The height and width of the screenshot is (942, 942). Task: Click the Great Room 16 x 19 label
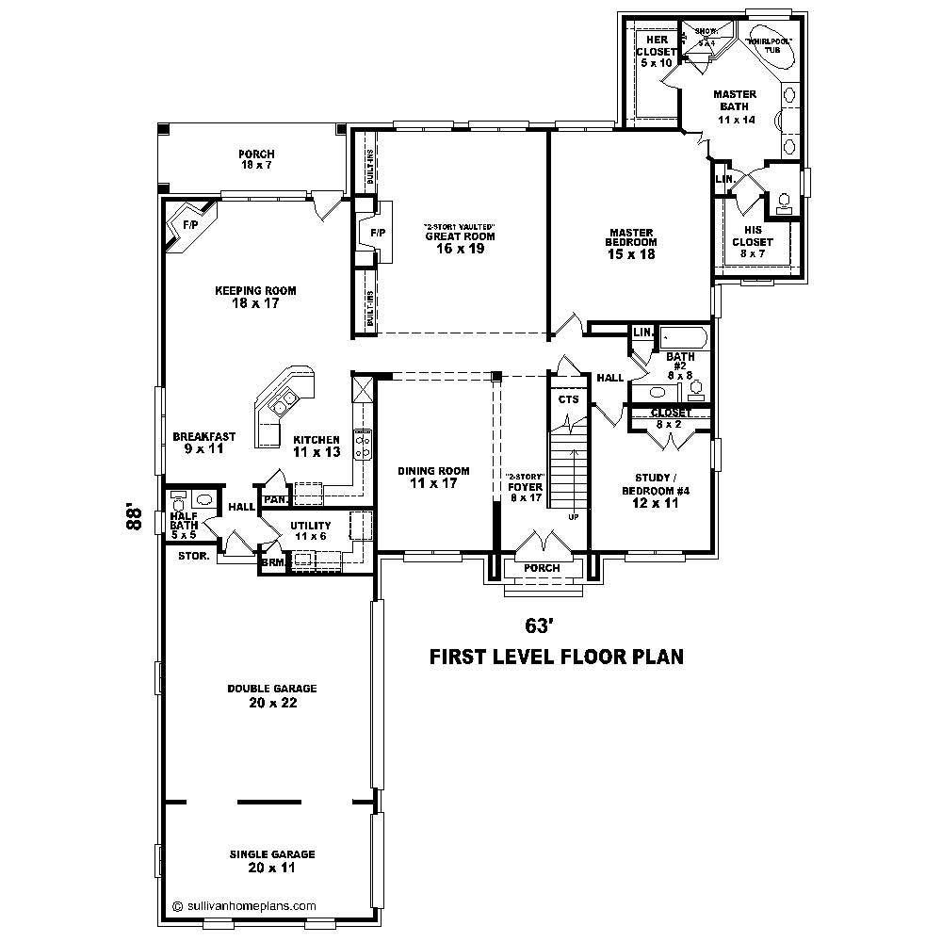tap(459, 242)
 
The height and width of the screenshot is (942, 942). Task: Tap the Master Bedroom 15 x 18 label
tap(631, 243)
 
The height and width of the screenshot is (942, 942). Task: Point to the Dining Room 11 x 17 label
tap(433, 478)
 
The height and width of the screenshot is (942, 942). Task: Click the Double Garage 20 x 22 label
tap(271, 695)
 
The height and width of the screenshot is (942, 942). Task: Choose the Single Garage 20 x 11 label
tap(271, 860)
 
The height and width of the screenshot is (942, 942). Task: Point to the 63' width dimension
tap(537, 625)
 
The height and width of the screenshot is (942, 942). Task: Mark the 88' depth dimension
tap(138, 518)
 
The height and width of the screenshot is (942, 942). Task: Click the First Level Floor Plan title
tap(556, 657)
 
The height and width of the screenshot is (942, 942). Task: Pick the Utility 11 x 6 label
tap(310, 529)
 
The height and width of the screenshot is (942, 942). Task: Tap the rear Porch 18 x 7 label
tap(255, 159)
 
